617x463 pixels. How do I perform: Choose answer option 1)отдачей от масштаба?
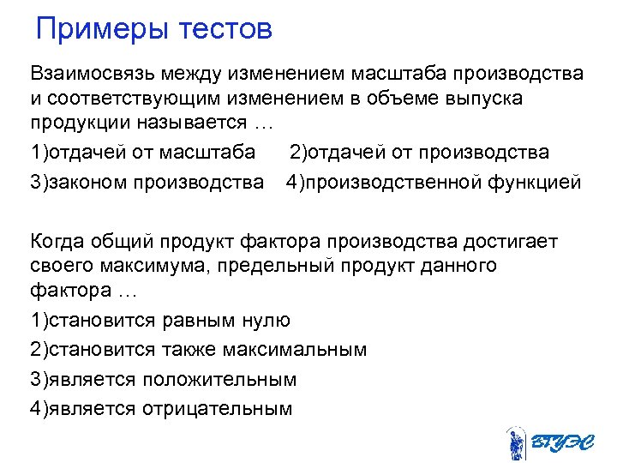[x=142, y=153]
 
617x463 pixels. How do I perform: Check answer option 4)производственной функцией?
[x=434, y=182]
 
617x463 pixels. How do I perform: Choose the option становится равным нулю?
[x=160, y=321]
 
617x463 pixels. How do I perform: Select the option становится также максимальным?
[x=198, y=350]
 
